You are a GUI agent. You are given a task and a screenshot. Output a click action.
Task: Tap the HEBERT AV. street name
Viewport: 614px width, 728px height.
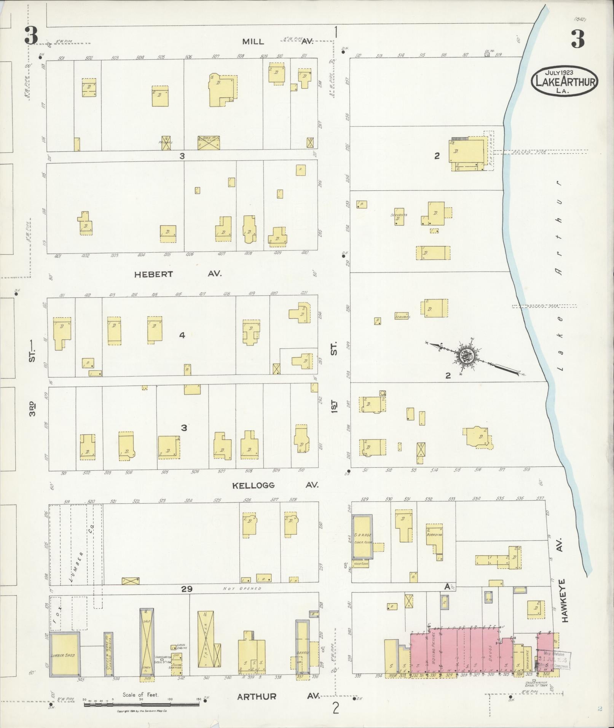point(177,274)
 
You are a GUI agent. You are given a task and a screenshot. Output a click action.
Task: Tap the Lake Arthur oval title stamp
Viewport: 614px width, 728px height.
point(564,81)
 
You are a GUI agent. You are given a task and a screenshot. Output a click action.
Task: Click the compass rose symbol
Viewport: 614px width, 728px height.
point(467,356)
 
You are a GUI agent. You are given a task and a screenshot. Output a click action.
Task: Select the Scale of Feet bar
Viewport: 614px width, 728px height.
point(142,704)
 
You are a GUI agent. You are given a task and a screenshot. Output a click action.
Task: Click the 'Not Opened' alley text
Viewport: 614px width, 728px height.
point(242,588)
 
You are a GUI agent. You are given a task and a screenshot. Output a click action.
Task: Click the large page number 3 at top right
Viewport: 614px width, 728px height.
point(577,40)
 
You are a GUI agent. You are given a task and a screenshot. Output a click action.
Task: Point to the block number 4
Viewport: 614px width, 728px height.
point(182,335)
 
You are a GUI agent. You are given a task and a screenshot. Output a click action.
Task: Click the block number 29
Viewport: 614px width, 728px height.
point(187,589)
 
